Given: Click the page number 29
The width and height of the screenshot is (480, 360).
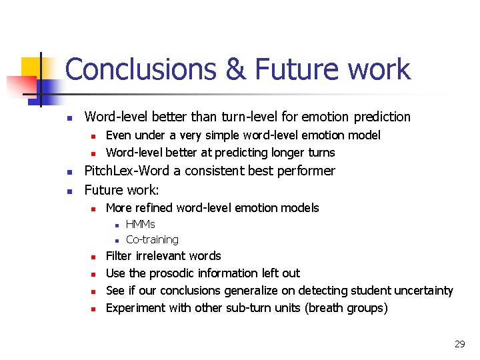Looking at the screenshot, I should (x=459, y=344).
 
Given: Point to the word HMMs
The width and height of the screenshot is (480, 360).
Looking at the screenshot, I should (x=140, y=225).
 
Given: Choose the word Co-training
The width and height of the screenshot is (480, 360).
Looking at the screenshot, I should (x=152, y=239).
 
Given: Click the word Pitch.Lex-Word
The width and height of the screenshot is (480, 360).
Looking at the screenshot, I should (x=128, y=171).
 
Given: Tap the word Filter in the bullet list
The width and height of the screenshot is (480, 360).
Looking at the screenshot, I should (x=119, y=256).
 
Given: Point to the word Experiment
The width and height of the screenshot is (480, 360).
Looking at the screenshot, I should (x=132, y=308).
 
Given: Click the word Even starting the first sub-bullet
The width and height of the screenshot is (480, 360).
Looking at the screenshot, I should (x=119, y=135).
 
